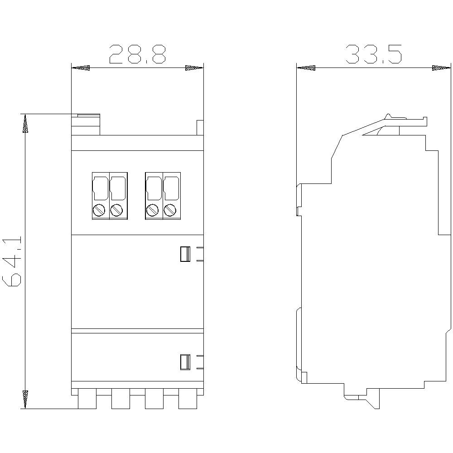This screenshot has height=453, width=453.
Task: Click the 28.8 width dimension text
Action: coord(137,54)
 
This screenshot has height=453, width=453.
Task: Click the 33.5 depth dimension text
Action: coord(373,54)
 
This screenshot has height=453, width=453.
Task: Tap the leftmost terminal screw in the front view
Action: coord(100,210)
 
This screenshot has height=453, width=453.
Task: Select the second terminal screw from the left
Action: coord(117,210)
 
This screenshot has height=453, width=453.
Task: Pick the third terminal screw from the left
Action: coord(153,210)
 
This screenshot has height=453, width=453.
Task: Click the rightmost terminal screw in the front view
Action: coord(170,210)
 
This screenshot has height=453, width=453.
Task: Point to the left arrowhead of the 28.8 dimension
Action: coord(81,68)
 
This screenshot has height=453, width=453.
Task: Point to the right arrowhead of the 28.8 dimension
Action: coord(194,68)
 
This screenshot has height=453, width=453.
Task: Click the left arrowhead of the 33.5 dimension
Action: coord(305,68)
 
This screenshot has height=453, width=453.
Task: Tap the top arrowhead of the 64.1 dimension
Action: coord(25,123)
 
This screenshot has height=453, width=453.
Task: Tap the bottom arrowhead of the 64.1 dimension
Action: coord(25,399)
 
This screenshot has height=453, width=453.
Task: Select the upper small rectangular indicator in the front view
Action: coord(184,254)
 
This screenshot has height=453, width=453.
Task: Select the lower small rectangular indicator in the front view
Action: coord(184,362)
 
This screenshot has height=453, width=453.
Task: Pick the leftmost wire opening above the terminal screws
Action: coord(100,188)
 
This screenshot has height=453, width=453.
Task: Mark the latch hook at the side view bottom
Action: coord(371,401)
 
